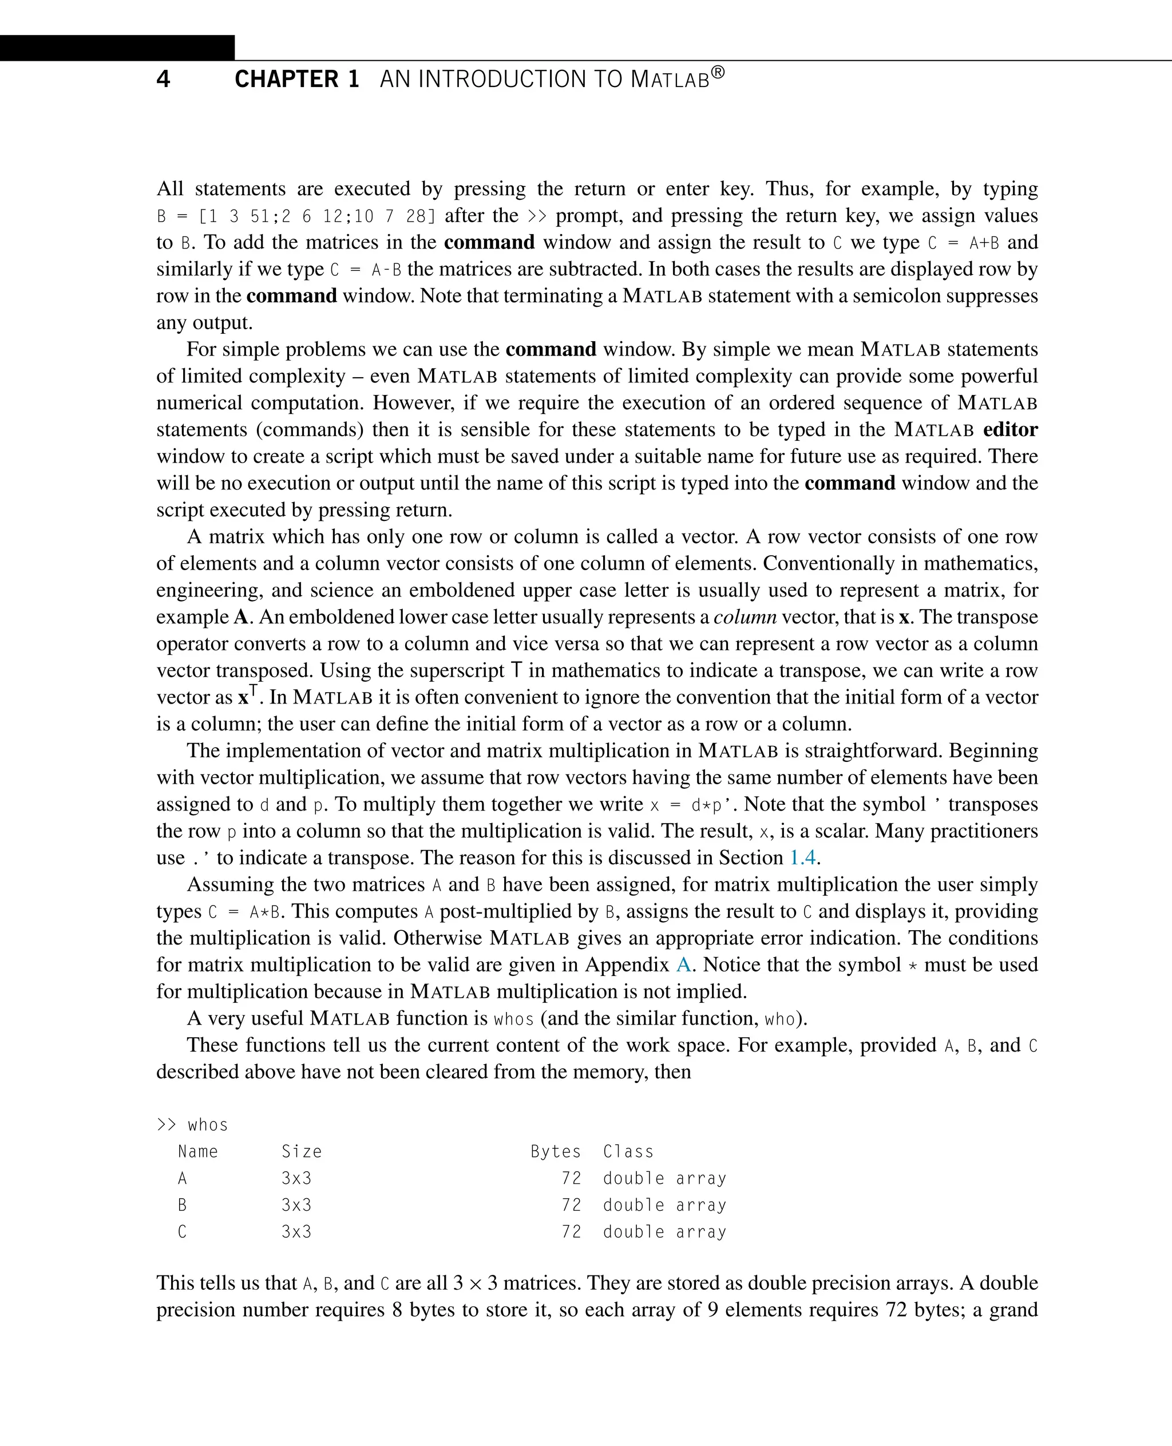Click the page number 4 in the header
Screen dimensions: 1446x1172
pos(163,79)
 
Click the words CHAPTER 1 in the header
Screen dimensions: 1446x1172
pos(296,79)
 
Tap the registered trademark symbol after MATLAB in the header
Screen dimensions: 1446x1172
pos(718,72)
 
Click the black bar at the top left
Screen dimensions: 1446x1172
pos(117,48)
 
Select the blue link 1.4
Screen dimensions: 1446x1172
pos(803,858)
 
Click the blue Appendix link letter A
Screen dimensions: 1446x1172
pos(683,965)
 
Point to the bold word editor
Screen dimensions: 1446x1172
pos(1010,429)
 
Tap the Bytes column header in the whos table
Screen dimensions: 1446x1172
pos(555,1152)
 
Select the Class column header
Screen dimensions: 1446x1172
pos(628,1152)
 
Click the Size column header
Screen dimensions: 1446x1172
pos(301,1152)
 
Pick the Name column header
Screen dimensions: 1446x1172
pos(198,1152)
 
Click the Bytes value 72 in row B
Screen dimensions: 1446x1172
pos(571,1205)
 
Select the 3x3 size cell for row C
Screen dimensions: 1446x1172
pos(296,1232)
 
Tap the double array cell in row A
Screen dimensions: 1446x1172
pos(664,1179)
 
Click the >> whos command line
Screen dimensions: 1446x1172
pos(192,1124)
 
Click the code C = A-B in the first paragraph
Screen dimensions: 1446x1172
pos(365,270)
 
